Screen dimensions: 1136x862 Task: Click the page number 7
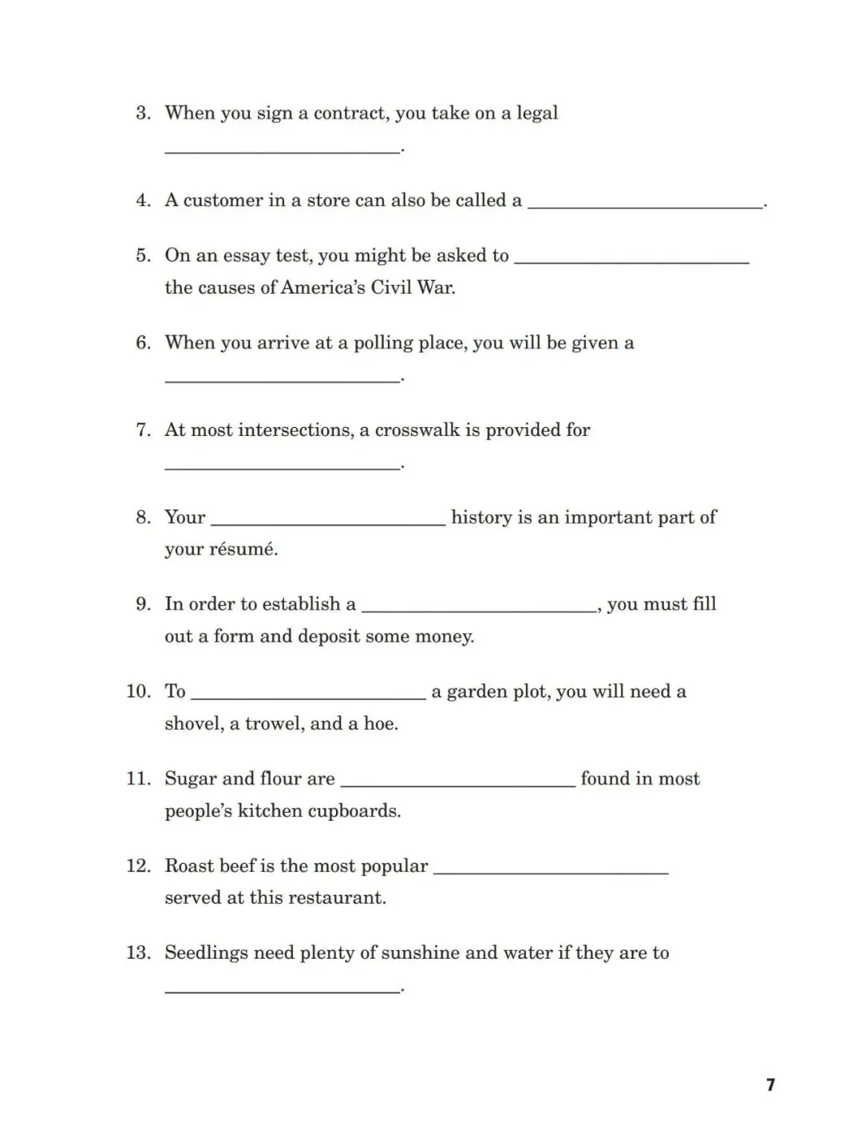[x=770, y=1084]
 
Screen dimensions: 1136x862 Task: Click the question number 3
[x=143, y=113]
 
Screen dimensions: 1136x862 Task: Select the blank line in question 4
[x=645, y=206]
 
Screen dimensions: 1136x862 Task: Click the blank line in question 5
[x=631, y=261]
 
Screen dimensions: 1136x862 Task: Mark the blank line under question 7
[x=282, y=468]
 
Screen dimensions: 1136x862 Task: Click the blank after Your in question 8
[x=327, y=524]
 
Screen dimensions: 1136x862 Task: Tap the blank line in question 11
[x=457, y=785]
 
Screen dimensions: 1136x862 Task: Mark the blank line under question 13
[x=282, y=991]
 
